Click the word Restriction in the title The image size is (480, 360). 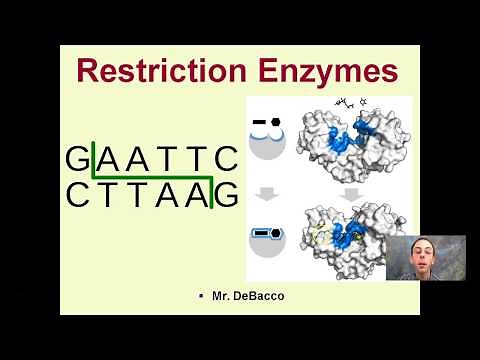[x=160, y=72]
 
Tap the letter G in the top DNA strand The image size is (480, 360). [x=77, y=159]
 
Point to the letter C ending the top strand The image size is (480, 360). [x=227, y=159]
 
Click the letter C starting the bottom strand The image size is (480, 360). [x=77, y=196]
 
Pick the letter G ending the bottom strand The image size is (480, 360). [x=227, y=196]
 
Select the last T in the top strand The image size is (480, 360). [x=198, y=159]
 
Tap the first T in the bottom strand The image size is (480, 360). [x=107, y=196]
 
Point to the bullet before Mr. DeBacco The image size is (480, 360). [x=202, y=297]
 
